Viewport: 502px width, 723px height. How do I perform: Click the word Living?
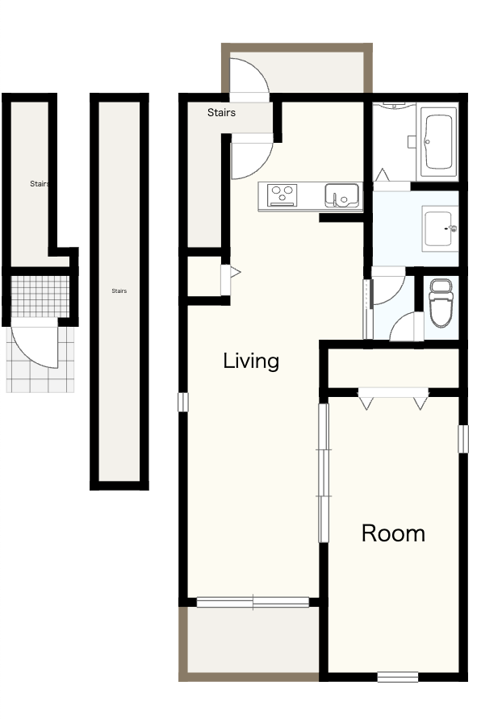click(x=251, y=361)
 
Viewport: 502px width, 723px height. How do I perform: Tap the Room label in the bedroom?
click(x=393, y=533)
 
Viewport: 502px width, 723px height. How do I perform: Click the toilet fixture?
click(x=441, y=302)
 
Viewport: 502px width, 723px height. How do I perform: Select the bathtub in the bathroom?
click(x=438, y=141)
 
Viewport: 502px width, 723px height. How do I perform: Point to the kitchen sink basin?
click(x=341, y=195)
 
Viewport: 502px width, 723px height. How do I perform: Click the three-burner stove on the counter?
click(x=282, y=194)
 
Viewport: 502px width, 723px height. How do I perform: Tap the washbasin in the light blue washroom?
click(x=440, y=228)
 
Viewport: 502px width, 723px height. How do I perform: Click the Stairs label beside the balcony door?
click(x=221, y=112)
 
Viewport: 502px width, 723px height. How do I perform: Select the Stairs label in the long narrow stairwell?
click(x=119, y=291)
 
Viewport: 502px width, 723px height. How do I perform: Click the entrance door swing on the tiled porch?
click(x=34, y=344)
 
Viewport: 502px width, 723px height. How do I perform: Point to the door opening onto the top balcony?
click(x=249, y=78)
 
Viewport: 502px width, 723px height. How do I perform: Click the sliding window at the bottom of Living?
click(x=253, y=602)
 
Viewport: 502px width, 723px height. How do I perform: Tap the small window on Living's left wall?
click(x=183, y=402)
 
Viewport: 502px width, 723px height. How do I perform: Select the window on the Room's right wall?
click(x=462, y=438)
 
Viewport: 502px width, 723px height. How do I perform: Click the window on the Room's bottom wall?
click(x=398, y=677)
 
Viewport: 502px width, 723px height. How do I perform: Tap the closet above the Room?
click(x=393, y=369)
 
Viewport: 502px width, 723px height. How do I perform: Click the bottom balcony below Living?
click(x=253, y=641)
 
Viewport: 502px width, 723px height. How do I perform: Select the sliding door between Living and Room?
click(x=324, y=473)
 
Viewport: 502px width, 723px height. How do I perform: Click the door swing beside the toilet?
click(x=407, y=327)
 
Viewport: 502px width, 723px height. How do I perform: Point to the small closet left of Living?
click(x=204, y=276)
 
